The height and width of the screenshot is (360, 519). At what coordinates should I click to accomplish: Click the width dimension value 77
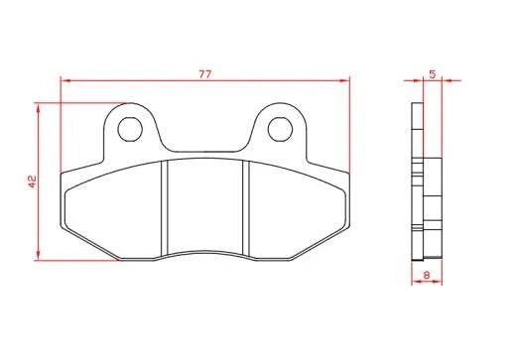204,74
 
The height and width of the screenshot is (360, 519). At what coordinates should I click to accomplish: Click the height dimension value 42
32,181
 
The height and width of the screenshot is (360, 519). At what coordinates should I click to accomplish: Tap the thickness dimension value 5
433,74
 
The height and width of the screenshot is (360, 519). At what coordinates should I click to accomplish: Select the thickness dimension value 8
427,275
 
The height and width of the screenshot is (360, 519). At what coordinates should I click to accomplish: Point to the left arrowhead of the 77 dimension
65,80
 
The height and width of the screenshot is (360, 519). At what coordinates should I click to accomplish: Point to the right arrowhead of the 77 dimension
345,80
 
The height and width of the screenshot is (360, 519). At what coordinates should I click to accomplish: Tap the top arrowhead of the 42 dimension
38,107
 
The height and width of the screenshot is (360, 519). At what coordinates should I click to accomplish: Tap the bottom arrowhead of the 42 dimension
38,256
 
